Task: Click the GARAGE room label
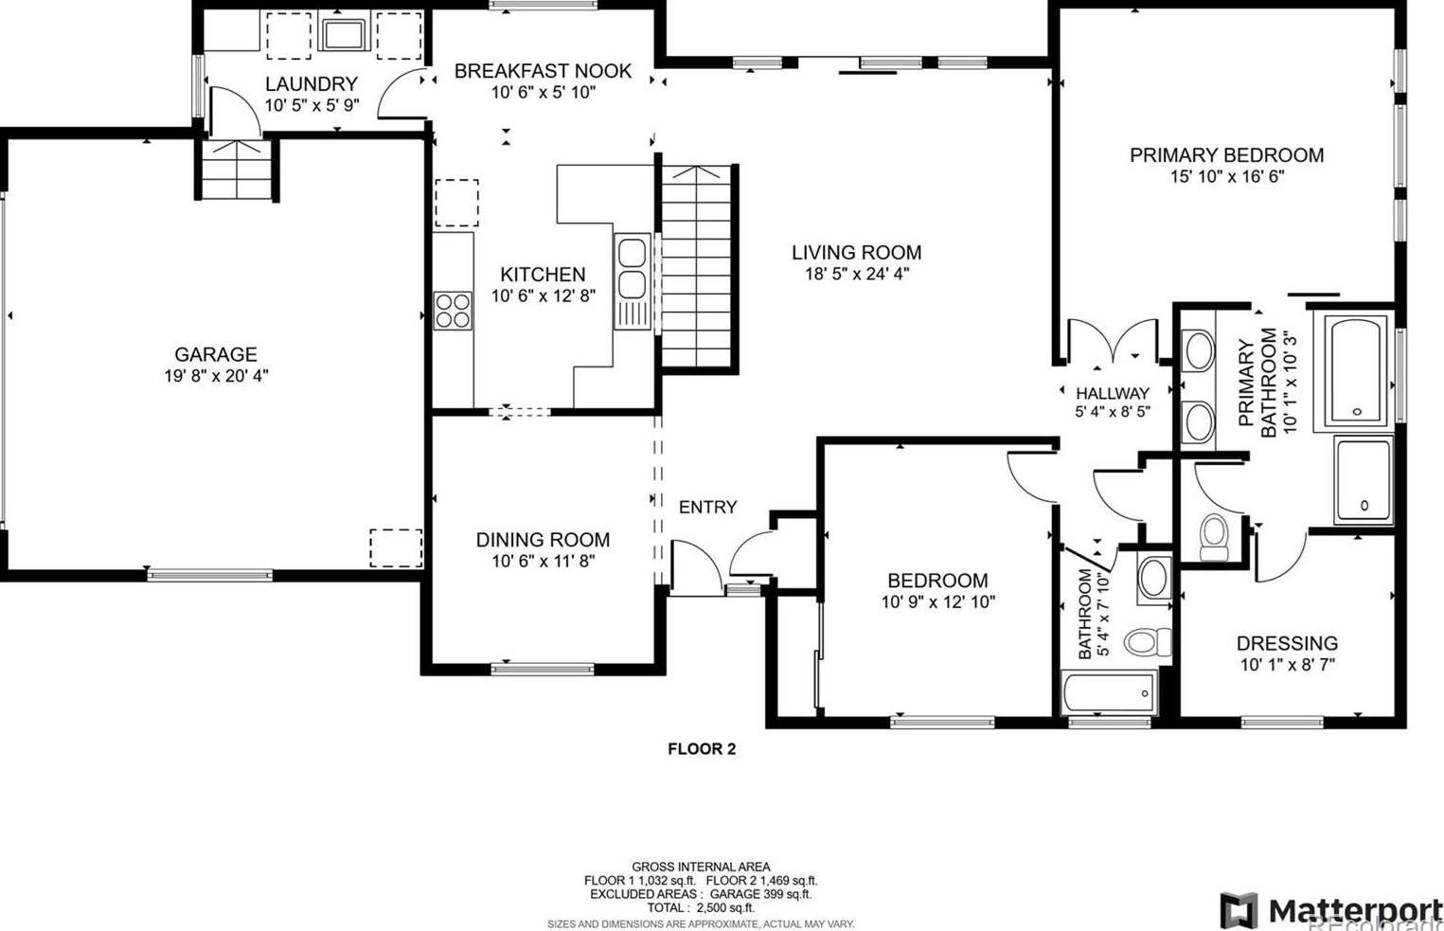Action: [x=216, y=354]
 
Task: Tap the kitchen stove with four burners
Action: [x=453, y=311]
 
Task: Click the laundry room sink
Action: [x=344, y=34]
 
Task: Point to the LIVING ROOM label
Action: [x=857, y=252]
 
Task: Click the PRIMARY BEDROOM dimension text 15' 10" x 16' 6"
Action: [x=1227, y=176]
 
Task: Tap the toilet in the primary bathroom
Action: [x=1215, y=537]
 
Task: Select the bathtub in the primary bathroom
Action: [x=1354, y=370]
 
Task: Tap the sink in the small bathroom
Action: [x=1154, y=579]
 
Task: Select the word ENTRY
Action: [x=708, y=508]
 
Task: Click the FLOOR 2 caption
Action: [x=702, y=748]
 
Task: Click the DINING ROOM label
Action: [x=543, y=540]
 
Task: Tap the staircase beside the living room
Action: [x=697, y=267]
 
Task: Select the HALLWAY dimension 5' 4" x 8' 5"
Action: [x=1113, y=411]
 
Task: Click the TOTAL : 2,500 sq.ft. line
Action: [x=701, y=907]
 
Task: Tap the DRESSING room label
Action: [x=1287, y=643]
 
